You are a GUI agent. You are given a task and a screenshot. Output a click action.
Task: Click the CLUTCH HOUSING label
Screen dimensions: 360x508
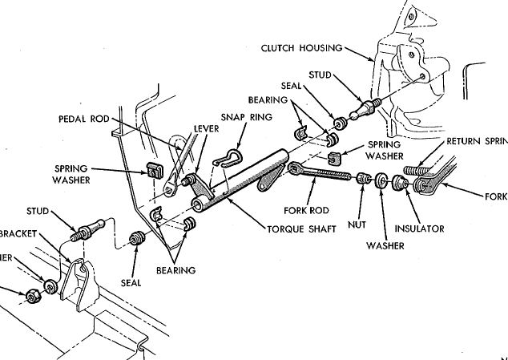pyautogui.click(x=301, y=47)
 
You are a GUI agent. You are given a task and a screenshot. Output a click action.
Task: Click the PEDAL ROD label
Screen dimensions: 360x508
pyautogui.click(x=83, y=119)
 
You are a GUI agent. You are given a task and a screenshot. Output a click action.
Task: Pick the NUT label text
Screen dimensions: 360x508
pyautogui.click(x=358, y=226)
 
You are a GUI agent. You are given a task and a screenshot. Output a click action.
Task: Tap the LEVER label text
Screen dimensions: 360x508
pyautogui.click(x=207, y=127)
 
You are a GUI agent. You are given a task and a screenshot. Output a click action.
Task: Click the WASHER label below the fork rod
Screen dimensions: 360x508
pyautogui.click(x=386, y=245)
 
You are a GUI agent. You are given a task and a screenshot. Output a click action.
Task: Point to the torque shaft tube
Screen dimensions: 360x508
pyautogui.click(x=240, y=177)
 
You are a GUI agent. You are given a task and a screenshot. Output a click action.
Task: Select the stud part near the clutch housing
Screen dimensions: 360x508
pyautogui.click(x=361, y=107)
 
